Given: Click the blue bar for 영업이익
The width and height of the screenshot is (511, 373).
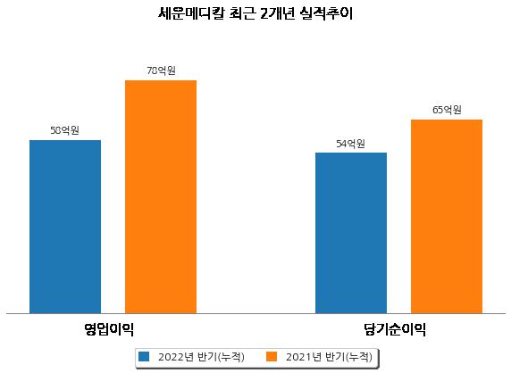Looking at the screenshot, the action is point(65,227).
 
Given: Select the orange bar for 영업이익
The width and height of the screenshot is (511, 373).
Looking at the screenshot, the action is point(161,197).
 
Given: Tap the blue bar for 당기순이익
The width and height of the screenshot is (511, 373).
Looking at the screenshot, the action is point(351,233).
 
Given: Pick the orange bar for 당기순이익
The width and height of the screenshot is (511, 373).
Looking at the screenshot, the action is point(447,217).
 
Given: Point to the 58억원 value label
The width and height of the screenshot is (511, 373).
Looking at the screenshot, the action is point(65,130).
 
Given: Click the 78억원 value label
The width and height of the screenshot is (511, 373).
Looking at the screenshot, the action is point(161,70).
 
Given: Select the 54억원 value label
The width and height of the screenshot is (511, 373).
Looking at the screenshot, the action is point(351,144).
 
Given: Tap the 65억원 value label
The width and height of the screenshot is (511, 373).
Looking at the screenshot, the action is point(447,110).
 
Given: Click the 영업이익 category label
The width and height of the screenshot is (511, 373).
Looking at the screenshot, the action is point(109,329).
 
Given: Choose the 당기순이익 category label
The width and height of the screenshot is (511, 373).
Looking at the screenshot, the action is point(395,329).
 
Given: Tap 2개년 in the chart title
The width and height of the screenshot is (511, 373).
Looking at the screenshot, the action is point(278,13).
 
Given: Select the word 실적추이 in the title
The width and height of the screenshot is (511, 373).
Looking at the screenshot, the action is point(327,13).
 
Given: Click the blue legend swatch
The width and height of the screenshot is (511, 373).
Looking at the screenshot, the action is point(144,356).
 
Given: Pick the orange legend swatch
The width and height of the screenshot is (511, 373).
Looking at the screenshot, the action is point(272,356).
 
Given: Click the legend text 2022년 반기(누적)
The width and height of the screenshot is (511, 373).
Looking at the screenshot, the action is point(201,357).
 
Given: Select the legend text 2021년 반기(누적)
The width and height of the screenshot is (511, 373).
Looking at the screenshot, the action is point(329,357).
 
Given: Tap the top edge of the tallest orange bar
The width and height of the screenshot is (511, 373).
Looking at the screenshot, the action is point(161,80).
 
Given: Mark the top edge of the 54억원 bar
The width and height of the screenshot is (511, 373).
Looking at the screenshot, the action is point(351,153).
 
